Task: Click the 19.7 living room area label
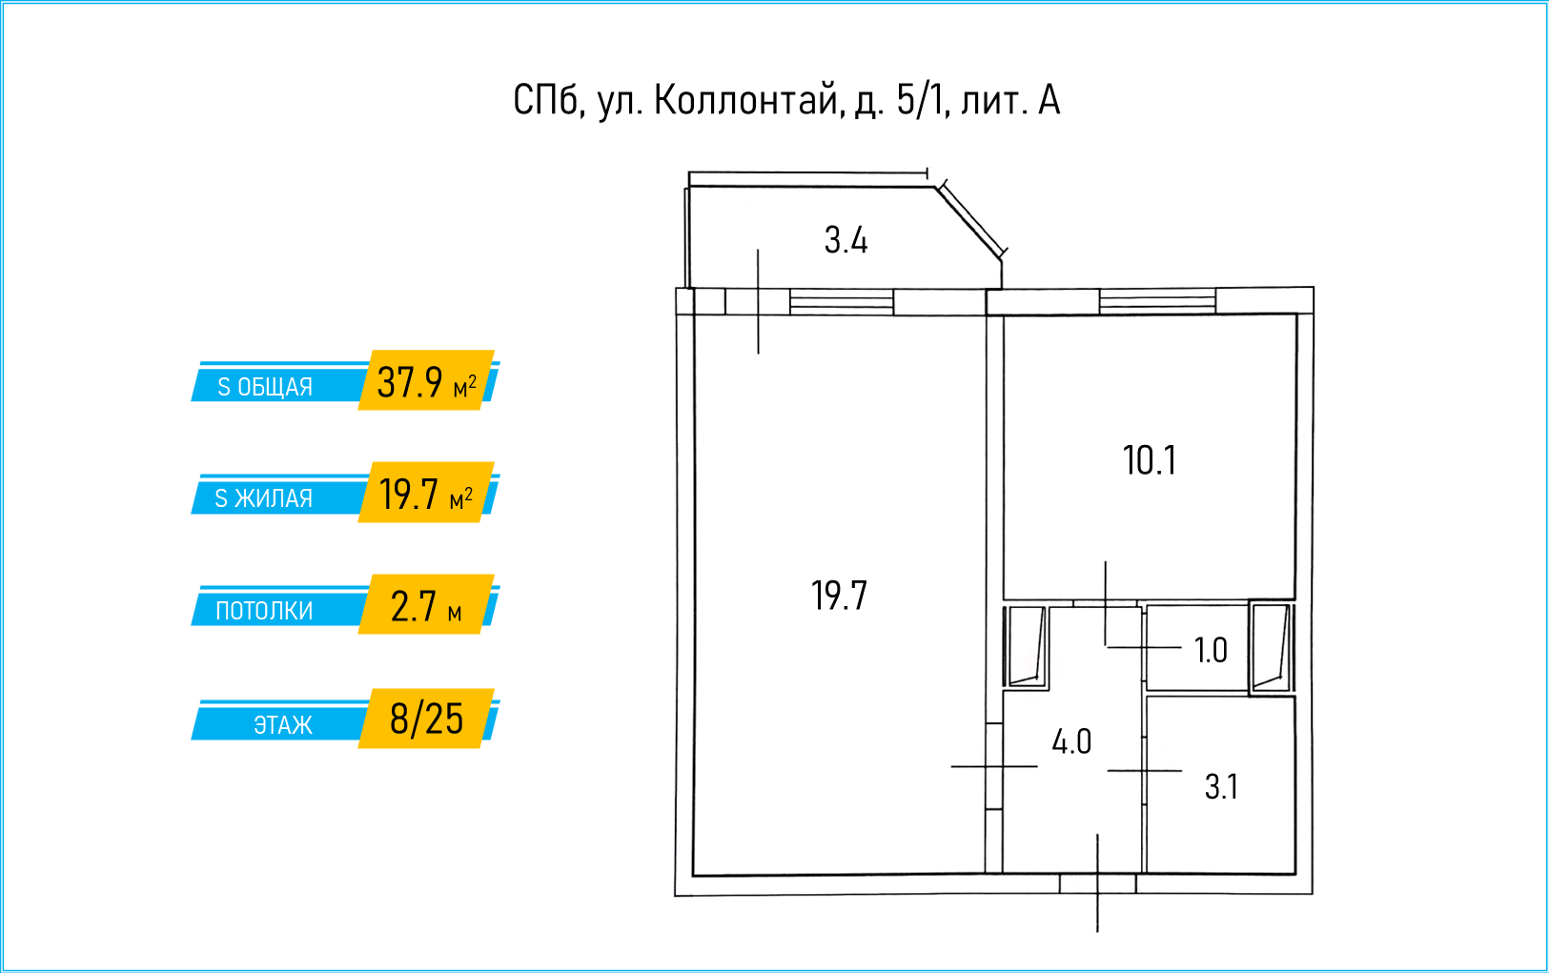[x=839, y=597]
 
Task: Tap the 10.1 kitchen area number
[x=1150, y=461]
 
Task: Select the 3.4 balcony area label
[x=846, y=240]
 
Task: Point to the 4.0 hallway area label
[x=1071, y=741]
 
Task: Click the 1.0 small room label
[x=1211, y=651]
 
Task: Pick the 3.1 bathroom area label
[x=1221, y=787]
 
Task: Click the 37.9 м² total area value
[x=426, y=382]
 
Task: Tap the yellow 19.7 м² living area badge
[x=426, y=494]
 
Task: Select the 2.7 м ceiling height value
[x=426, y=606]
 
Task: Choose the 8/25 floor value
[x=426, y=719]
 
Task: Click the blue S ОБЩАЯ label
[x=265, y=387]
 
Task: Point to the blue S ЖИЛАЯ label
[x=264, y=498]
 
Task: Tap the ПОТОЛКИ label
[x=264, y=611]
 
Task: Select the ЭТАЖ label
[x=282, y=725]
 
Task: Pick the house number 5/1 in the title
[x=921, y=100]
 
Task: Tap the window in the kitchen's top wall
[x=1157, y=302]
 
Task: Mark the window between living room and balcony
[x=842, y=302]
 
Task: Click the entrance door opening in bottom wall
[x=1097, y=884]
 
